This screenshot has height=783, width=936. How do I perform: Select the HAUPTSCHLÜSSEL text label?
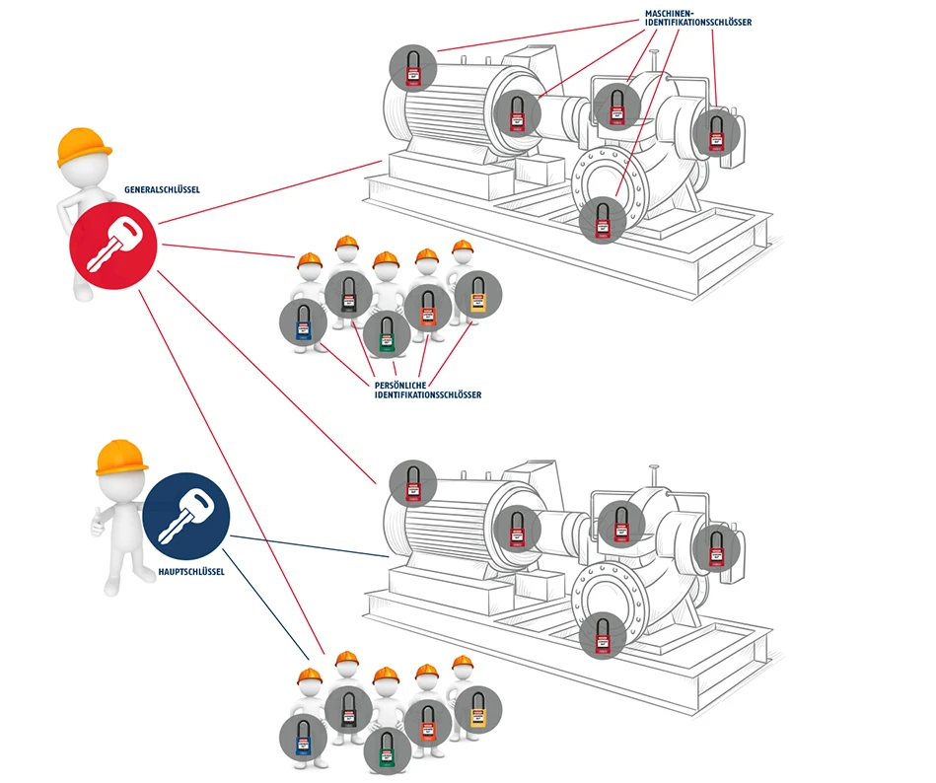coord(191,572)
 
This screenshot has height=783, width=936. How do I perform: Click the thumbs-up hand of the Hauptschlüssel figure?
coord(98,523)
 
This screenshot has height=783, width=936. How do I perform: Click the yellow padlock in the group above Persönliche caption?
coord(478,295)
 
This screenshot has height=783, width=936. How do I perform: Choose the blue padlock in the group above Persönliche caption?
coord(304,325)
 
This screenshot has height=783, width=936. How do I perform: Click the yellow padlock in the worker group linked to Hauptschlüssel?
coord(478,710)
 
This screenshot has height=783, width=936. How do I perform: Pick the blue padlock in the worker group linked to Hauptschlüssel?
coord(304,741)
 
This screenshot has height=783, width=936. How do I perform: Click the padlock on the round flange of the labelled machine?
coord(601,219)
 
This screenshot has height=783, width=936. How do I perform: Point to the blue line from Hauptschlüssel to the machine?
coord(306,547)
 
